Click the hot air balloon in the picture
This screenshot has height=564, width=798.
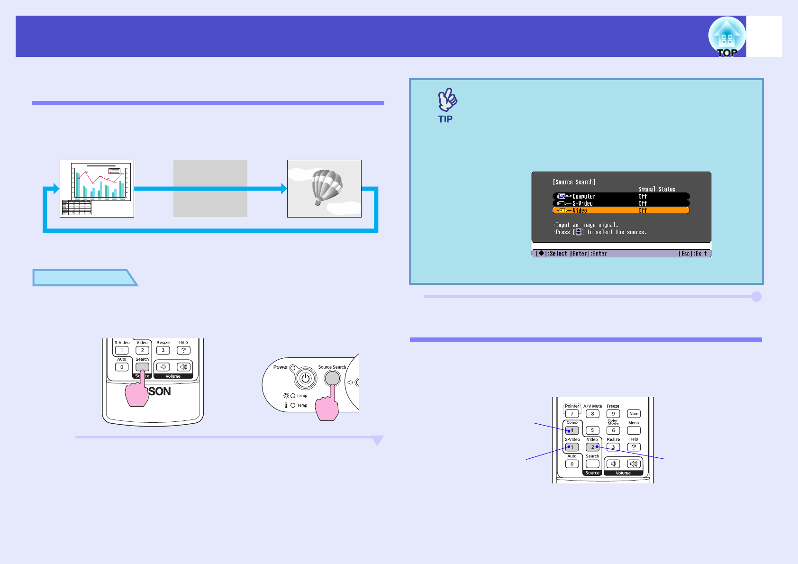click(326, 187)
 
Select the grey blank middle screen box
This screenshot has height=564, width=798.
click(210, 189)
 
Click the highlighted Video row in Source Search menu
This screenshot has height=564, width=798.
click(621, 210)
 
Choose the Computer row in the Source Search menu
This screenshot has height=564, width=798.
click(621, 196)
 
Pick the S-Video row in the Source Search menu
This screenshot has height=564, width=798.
click(621, 203)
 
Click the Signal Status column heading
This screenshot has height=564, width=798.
click(656, 189)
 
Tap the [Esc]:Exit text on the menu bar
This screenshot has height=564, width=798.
click(692, 254)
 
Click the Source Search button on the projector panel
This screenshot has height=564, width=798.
click(332, 378)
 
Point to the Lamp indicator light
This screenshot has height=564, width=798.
click(293, 396)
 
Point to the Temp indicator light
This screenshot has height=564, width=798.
click(293, 405)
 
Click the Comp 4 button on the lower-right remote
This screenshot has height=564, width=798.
click(572, 430)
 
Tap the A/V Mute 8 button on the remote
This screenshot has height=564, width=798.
click(592, 414)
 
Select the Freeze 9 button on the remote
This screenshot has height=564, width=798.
click(613, 414)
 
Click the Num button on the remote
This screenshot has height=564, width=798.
click(634, 414)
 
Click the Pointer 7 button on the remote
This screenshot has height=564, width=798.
click(572, 414)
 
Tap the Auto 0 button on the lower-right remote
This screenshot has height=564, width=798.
click(572, 464)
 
